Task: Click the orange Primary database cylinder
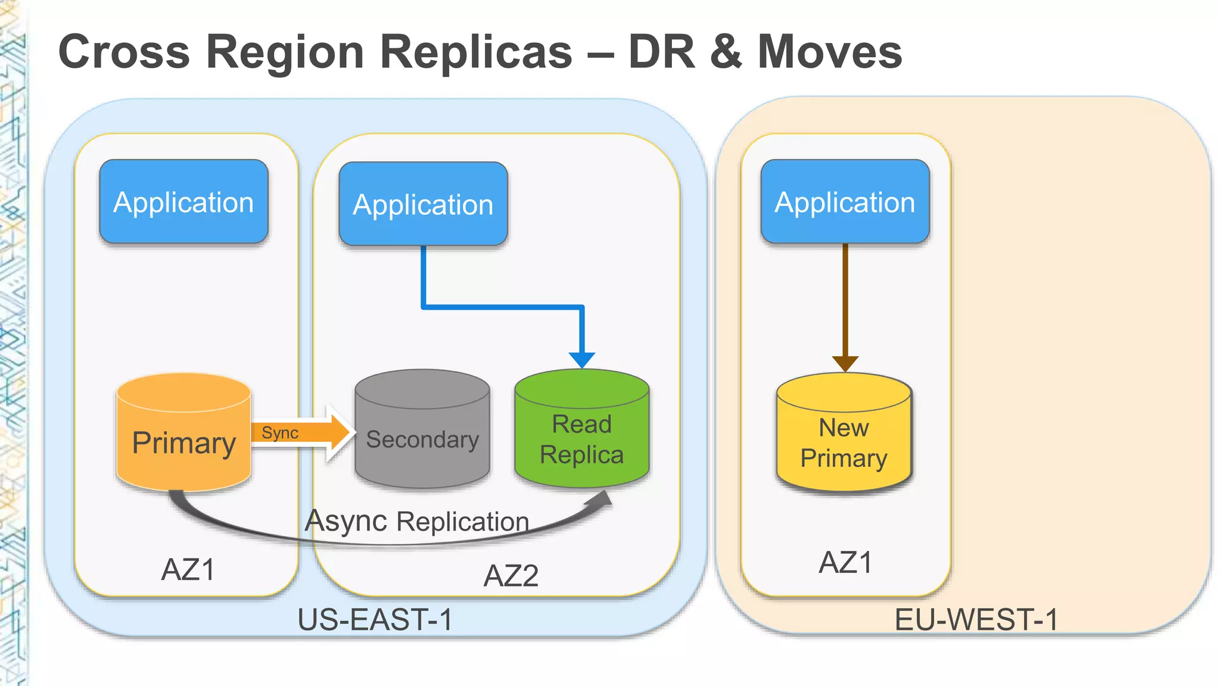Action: point(183,435)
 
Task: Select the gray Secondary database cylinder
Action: point(422,432)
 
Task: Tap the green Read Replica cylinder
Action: point(581,432)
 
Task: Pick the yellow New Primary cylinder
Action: point(844,435)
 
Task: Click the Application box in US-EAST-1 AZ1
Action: point(183,202)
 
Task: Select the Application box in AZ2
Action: point(423,204)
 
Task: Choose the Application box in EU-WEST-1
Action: point(845,202)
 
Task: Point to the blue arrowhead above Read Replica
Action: point(581,360)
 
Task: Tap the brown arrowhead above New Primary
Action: point(845,363)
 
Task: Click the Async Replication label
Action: point(417,521)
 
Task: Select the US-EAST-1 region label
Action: point(375,619)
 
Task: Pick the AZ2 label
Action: point(511,575)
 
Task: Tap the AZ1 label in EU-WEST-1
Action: point(845,562)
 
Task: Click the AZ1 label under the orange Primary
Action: point(188,569)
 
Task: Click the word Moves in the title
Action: point(829,52)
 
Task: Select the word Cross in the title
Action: point(124,52)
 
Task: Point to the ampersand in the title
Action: point(726,52)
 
